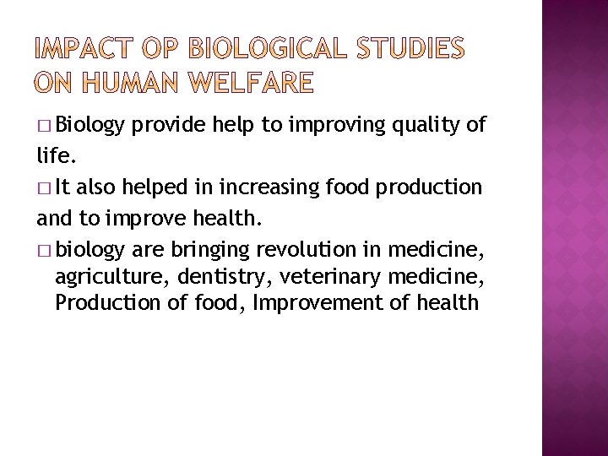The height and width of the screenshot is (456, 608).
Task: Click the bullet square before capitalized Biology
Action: coord(44,127)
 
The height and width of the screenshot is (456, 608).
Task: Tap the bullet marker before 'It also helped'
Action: coord(44,188)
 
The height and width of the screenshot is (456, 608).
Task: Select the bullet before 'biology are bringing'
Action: coord(44,249)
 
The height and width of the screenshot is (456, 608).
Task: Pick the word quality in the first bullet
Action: coord(426,126)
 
